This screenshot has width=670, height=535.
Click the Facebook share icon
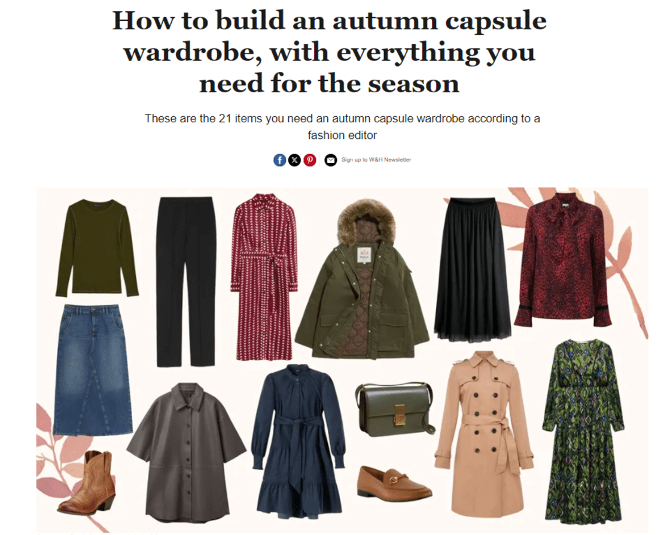(279, 160)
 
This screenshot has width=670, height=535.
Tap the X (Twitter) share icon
(294, 160)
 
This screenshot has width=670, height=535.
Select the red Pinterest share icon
(310, 160)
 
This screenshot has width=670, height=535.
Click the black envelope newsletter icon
(331, 160)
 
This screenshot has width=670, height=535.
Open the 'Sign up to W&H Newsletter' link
(376, 159)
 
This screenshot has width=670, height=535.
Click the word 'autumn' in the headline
(385, 21)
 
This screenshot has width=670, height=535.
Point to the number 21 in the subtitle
(225, 119)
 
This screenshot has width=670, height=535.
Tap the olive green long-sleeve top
(98, 248)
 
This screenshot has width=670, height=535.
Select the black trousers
(186, 281)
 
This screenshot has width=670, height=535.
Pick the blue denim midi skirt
(92, 369)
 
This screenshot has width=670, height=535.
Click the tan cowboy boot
(87, 482)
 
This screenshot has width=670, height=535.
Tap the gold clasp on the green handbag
(400, 414)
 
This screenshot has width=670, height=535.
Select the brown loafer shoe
(394, 483)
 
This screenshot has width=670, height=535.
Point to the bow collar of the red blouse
(559, 214)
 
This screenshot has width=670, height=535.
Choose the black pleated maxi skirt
(473, 270)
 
